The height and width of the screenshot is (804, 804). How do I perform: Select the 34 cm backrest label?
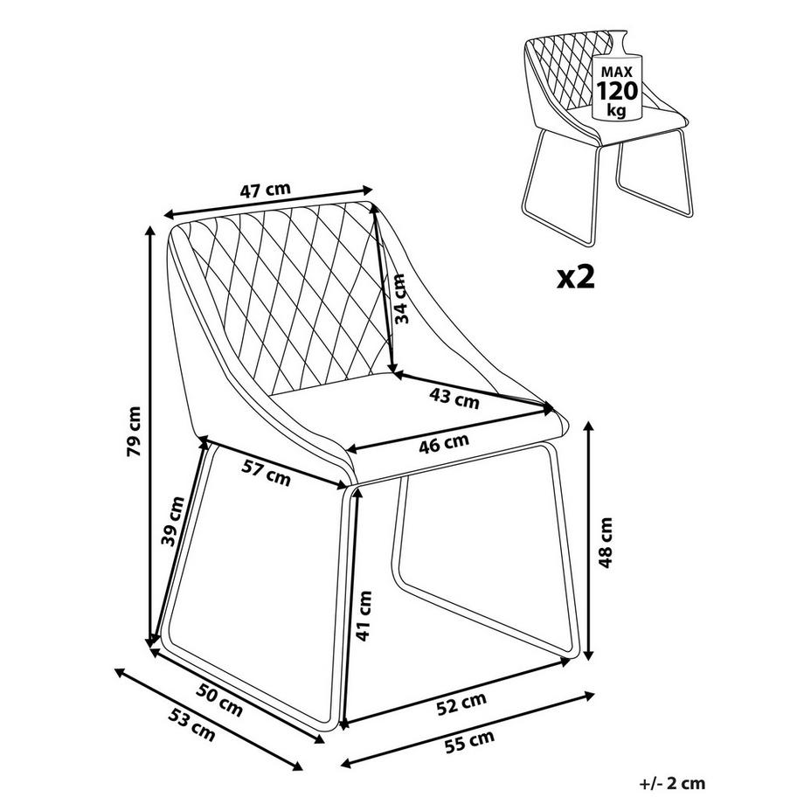coord(399,300)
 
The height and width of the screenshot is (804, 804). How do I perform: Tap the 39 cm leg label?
coord(174,521)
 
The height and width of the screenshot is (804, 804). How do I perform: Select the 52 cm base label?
coord(461,703)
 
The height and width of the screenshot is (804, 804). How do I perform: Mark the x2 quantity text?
coord(576,277)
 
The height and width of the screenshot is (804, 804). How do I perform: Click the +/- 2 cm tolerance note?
coord(671,784)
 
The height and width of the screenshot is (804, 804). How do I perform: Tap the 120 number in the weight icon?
coord(616,90)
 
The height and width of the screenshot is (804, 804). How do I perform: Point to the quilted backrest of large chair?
coord(288,288)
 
